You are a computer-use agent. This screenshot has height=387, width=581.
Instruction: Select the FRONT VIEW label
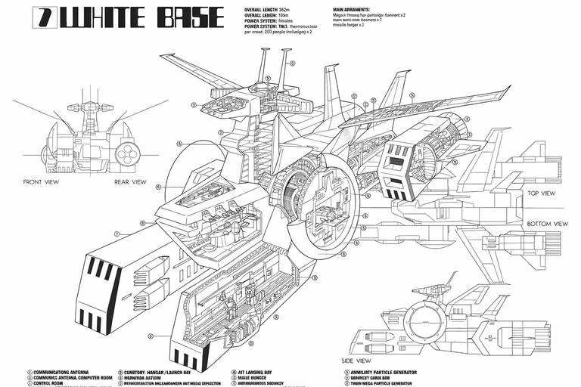[x=42, y=182]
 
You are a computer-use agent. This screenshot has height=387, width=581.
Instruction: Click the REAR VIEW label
[x=130, y=182]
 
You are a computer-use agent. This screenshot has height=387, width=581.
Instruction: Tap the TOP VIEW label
[x=542, y=193]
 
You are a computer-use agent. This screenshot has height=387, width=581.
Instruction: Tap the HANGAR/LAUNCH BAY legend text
[x=169, y=372]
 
